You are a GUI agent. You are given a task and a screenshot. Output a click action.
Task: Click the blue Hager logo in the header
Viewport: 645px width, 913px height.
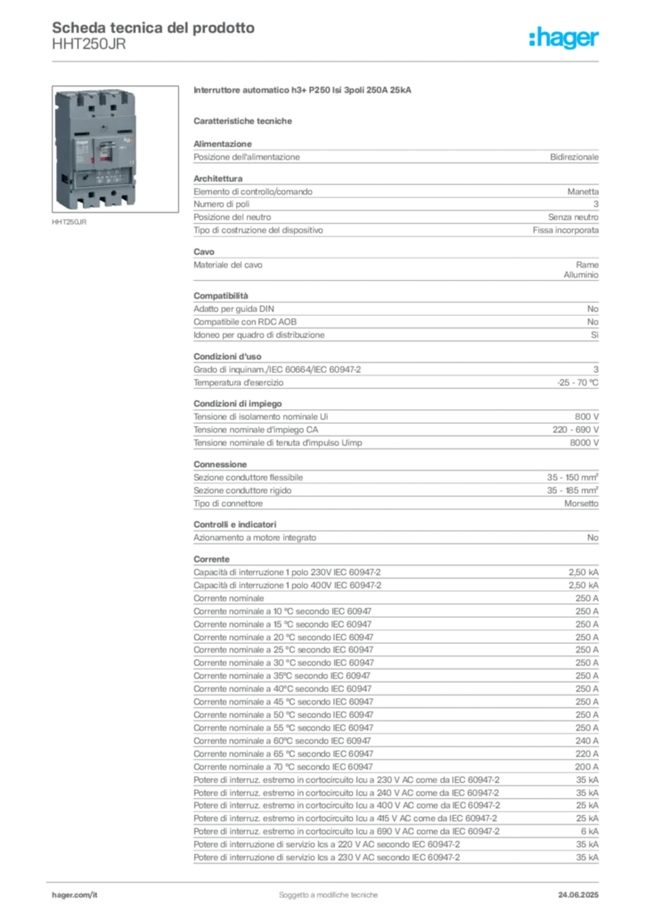[x=566, y=38]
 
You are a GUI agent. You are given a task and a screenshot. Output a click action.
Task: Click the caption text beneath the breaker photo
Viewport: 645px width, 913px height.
[x=70, y=223]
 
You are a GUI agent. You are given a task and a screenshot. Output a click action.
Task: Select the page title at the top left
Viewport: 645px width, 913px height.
[x=152, y=28]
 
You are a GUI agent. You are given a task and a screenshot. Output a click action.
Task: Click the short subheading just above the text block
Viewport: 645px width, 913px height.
[x=245, y=119]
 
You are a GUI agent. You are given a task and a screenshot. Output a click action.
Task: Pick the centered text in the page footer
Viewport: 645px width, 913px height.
[x=330, y=891]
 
